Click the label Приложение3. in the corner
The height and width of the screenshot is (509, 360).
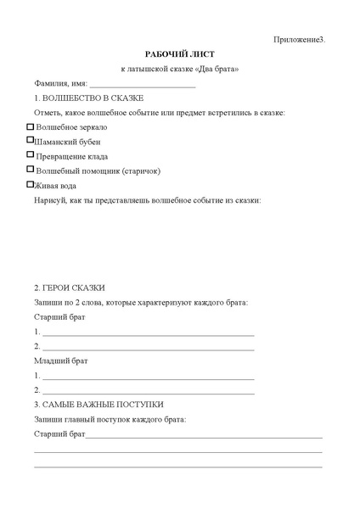(299, 40)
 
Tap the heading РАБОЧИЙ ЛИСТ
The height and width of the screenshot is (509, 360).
(180, 53)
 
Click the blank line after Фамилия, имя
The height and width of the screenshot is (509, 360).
(142, 86)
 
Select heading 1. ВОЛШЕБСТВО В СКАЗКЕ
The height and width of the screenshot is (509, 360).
(82, 98)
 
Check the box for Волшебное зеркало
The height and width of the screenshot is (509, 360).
(31, 126)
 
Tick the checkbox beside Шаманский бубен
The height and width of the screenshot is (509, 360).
(31, 140)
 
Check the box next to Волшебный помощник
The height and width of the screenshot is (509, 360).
(31, 169)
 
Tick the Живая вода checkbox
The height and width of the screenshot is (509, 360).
(31, 183)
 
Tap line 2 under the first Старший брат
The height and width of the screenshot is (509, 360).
(148, 349)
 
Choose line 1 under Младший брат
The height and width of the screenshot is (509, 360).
(148, 377)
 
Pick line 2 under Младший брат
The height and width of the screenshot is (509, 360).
(148, 391)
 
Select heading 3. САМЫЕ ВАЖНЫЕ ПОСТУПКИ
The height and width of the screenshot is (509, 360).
(98, 405)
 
